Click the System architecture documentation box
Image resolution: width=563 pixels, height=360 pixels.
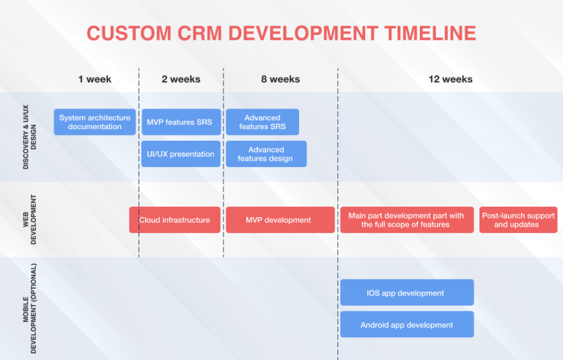click(95, 122)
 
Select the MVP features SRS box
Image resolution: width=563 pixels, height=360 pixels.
click(180, 122)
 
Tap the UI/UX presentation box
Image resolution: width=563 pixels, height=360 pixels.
click(180, 154)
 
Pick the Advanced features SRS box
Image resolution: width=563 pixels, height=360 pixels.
click(262, 122)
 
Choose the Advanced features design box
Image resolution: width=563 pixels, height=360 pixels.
click(265, 154)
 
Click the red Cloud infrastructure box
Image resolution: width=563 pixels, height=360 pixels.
click(174, 220)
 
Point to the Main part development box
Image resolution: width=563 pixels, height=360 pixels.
click(407, 220)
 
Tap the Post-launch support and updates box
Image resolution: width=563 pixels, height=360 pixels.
click(518, 220)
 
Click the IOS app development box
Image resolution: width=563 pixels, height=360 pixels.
click(406, 293)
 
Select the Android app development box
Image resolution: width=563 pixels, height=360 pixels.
click(406, 324)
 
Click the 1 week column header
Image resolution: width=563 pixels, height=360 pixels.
click(95, 79)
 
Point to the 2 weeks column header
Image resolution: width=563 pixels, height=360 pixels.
click(180, 79)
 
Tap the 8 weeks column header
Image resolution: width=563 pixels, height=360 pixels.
click(280, 79)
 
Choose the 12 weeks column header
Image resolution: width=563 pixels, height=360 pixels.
click(450, 79)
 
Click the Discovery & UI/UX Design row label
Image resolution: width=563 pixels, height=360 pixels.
click(29, 136)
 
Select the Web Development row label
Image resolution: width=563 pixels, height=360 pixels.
click(29, 219)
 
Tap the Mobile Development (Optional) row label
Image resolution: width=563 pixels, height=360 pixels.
click(29, 308)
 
